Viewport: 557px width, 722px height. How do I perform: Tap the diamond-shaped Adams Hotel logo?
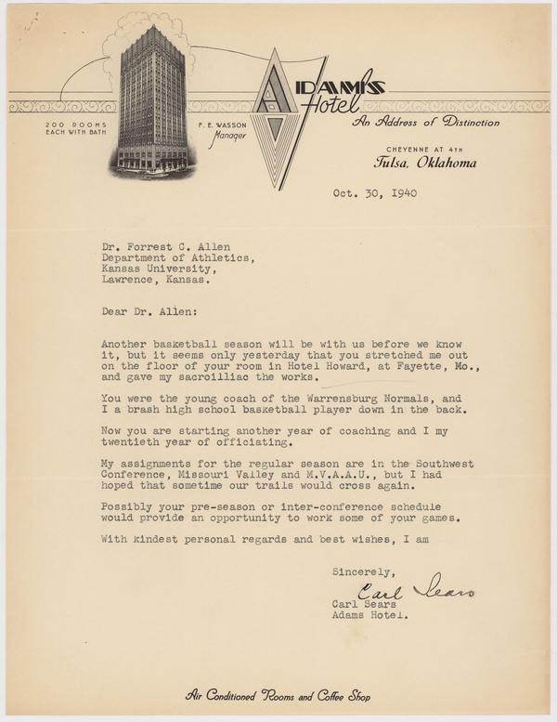(277, 116)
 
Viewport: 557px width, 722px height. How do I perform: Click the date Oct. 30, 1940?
(374, 194)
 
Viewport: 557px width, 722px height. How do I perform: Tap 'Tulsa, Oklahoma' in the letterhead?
(426, 163)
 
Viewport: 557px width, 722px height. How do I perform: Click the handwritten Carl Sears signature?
(415, 589)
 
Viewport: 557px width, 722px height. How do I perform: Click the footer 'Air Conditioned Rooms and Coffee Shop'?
(278, 695)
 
